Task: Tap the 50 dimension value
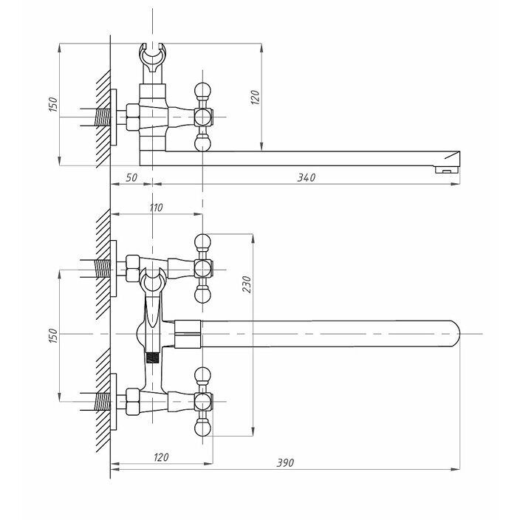click(131, 177)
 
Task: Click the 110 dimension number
click(156, 208)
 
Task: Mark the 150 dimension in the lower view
click(52, 335)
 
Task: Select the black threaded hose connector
click(154, 357)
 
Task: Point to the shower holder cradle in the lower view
click(152, 280)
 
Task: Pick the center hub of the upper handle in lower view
click(202, 265)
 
